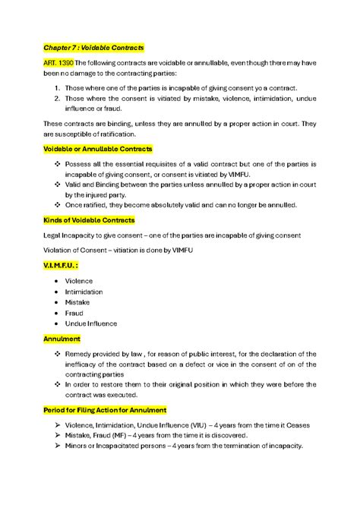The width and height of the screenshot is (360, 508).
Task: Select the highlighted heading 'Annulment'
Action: (62, 339)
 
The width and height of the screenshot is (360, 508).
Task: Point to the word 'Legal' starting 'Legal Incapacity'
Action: (52, 235)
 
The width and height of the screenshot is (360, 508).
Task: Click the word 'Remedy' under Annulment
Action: (80, 354)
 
